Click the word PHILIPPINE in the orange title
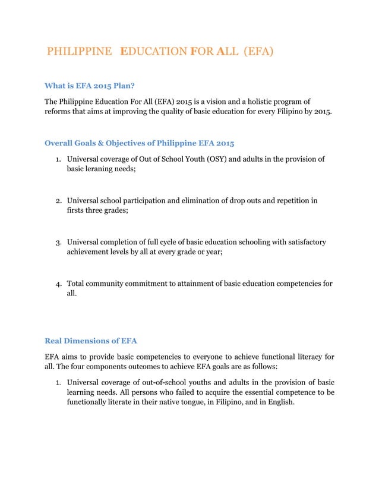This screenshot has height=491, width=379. (79, 52)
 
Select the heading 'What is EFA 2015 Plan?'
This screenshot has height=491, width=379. (92, 86)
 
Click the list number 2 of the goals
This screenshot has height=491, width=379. (59, 201)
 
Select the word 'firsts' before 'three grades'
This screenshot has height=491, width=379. (76, 212)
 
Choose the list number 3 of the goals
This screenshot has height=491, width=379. (59, 243)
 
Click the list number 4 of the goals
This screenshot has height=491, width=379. (59, 284)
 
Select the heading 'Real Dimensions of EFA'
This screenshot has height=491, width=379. (91, 341)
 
